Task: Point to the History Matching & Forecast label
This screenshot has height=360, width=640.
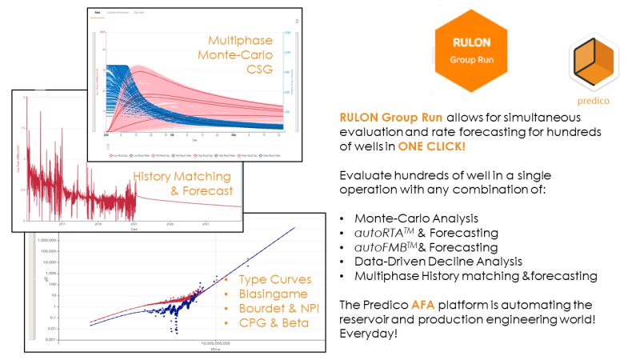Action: (183, 183)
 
